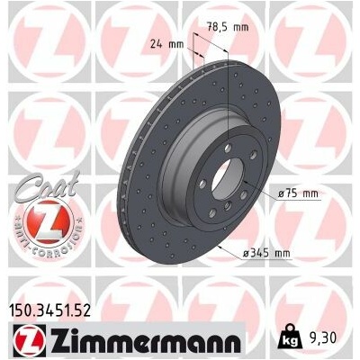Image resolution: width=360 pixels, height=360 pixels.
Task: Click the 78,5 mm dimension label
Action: (229, 27)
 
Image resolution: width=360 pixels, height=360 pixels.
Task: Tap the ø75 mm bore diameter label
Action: (298, 193)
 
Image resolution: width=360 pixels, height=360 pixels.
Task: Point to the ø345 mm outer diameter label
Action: (266, 254)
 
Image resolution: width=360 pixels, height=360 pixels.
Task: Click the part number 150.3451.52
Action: (51, 310)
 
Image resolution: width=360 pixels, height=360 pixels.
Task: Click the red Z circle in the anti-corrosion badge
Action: (47, 221)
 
